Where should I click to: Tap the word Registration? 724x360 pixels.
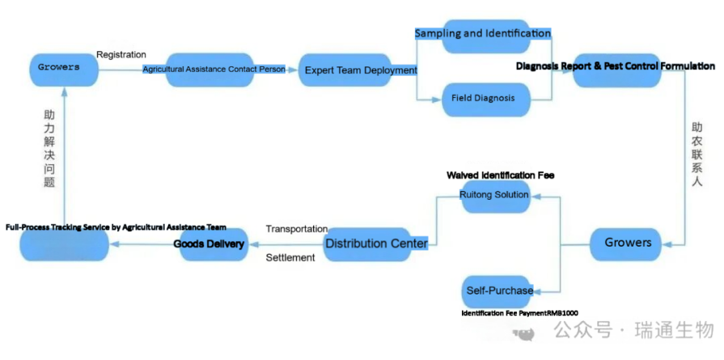121,55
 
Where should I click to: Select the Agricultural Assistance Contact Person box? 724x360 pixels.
214,70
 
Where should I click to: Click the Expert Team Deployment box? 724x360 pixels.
360,70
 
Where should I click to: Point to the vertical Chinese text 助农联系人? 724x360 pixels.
696,155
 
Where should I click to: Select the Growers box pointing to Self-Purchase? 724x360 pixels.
628,242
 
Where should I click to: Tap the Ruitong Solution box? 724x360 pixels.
494,195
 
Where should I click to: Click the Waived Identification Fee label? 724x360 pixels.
500,175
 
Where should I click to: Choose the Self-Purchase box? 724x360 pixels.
500,290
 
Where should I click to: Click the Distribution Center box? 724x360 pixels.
376,244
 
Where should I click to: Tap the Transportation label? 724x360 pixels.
296,229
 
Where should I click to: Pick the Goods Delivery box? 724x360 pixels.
212,244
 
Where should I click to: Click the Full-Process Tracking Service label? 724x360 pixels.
116,227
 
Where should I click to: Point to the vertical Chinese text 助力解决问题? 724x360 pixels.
50,150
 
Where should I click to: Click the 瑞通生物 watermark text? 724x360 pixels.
675,331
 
